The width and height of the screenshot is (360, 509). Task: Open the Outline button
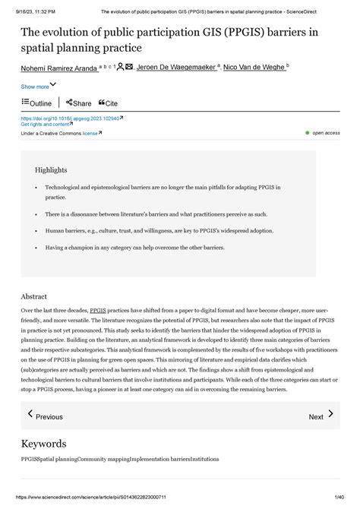[36, 103]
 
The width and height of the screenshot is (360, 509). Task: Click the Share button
[79, 103]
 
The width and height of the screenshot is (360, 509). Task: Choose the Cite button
[109, 103]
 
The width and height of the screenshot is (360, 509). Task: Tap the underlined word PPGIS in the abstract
[98, 311]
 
